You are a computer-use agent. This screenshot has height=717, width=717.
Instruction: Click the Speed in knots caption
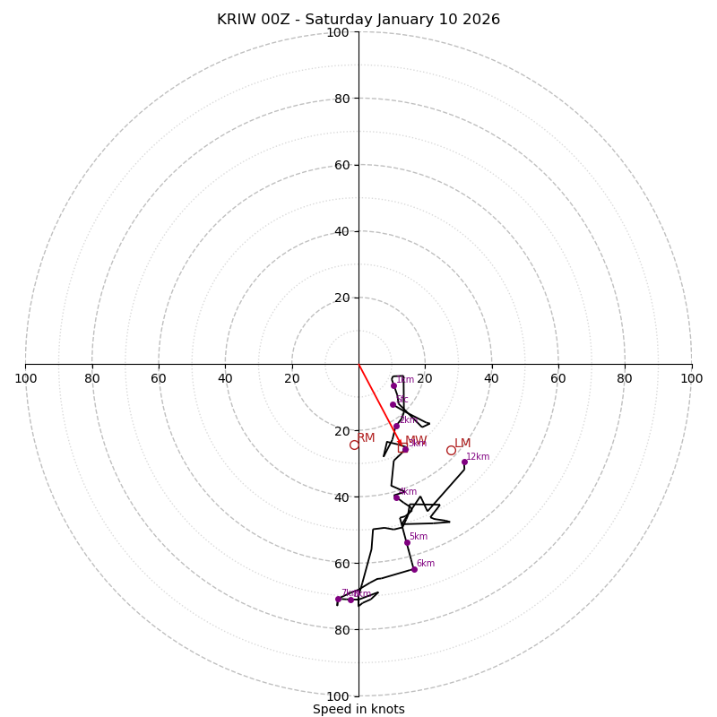358,709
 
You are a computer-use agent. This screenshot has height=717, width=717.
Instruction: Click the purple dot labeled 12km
464,462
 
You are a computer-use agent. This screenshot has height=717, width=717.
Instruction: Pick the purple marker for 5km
407,542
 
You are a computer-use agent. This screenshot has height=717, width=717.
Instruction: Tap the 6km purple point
414,569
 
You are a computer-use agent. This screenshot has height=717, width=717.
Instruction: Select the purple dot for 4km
396,497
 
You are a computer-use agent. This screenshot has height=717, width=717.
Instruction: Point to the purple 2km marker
397,426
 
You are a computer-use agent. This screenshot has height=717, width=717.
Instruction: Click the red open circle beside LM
451,450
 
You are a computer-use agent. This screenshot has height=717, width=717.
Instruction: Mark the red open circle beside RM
354,445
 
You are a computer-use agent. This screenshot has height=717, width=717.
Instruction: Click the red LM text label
462,443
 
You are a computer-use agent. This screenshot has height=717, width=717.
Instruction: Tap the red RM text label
367,437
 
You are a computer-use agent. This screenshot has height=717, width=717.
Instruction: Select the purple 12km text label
478,456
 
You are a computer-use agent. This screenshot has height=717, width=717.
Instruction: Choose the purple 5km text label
419,536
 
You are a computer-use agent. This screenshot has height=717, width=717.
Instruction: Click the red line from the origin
379,403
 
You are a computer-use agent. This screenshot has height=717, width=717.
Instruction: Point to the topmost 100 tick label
338,32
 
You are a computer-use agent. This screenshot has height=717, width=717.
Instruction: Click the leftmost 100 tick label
25,378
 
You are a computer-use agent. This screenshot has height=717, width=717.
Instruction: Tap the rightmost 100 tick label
691,378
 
